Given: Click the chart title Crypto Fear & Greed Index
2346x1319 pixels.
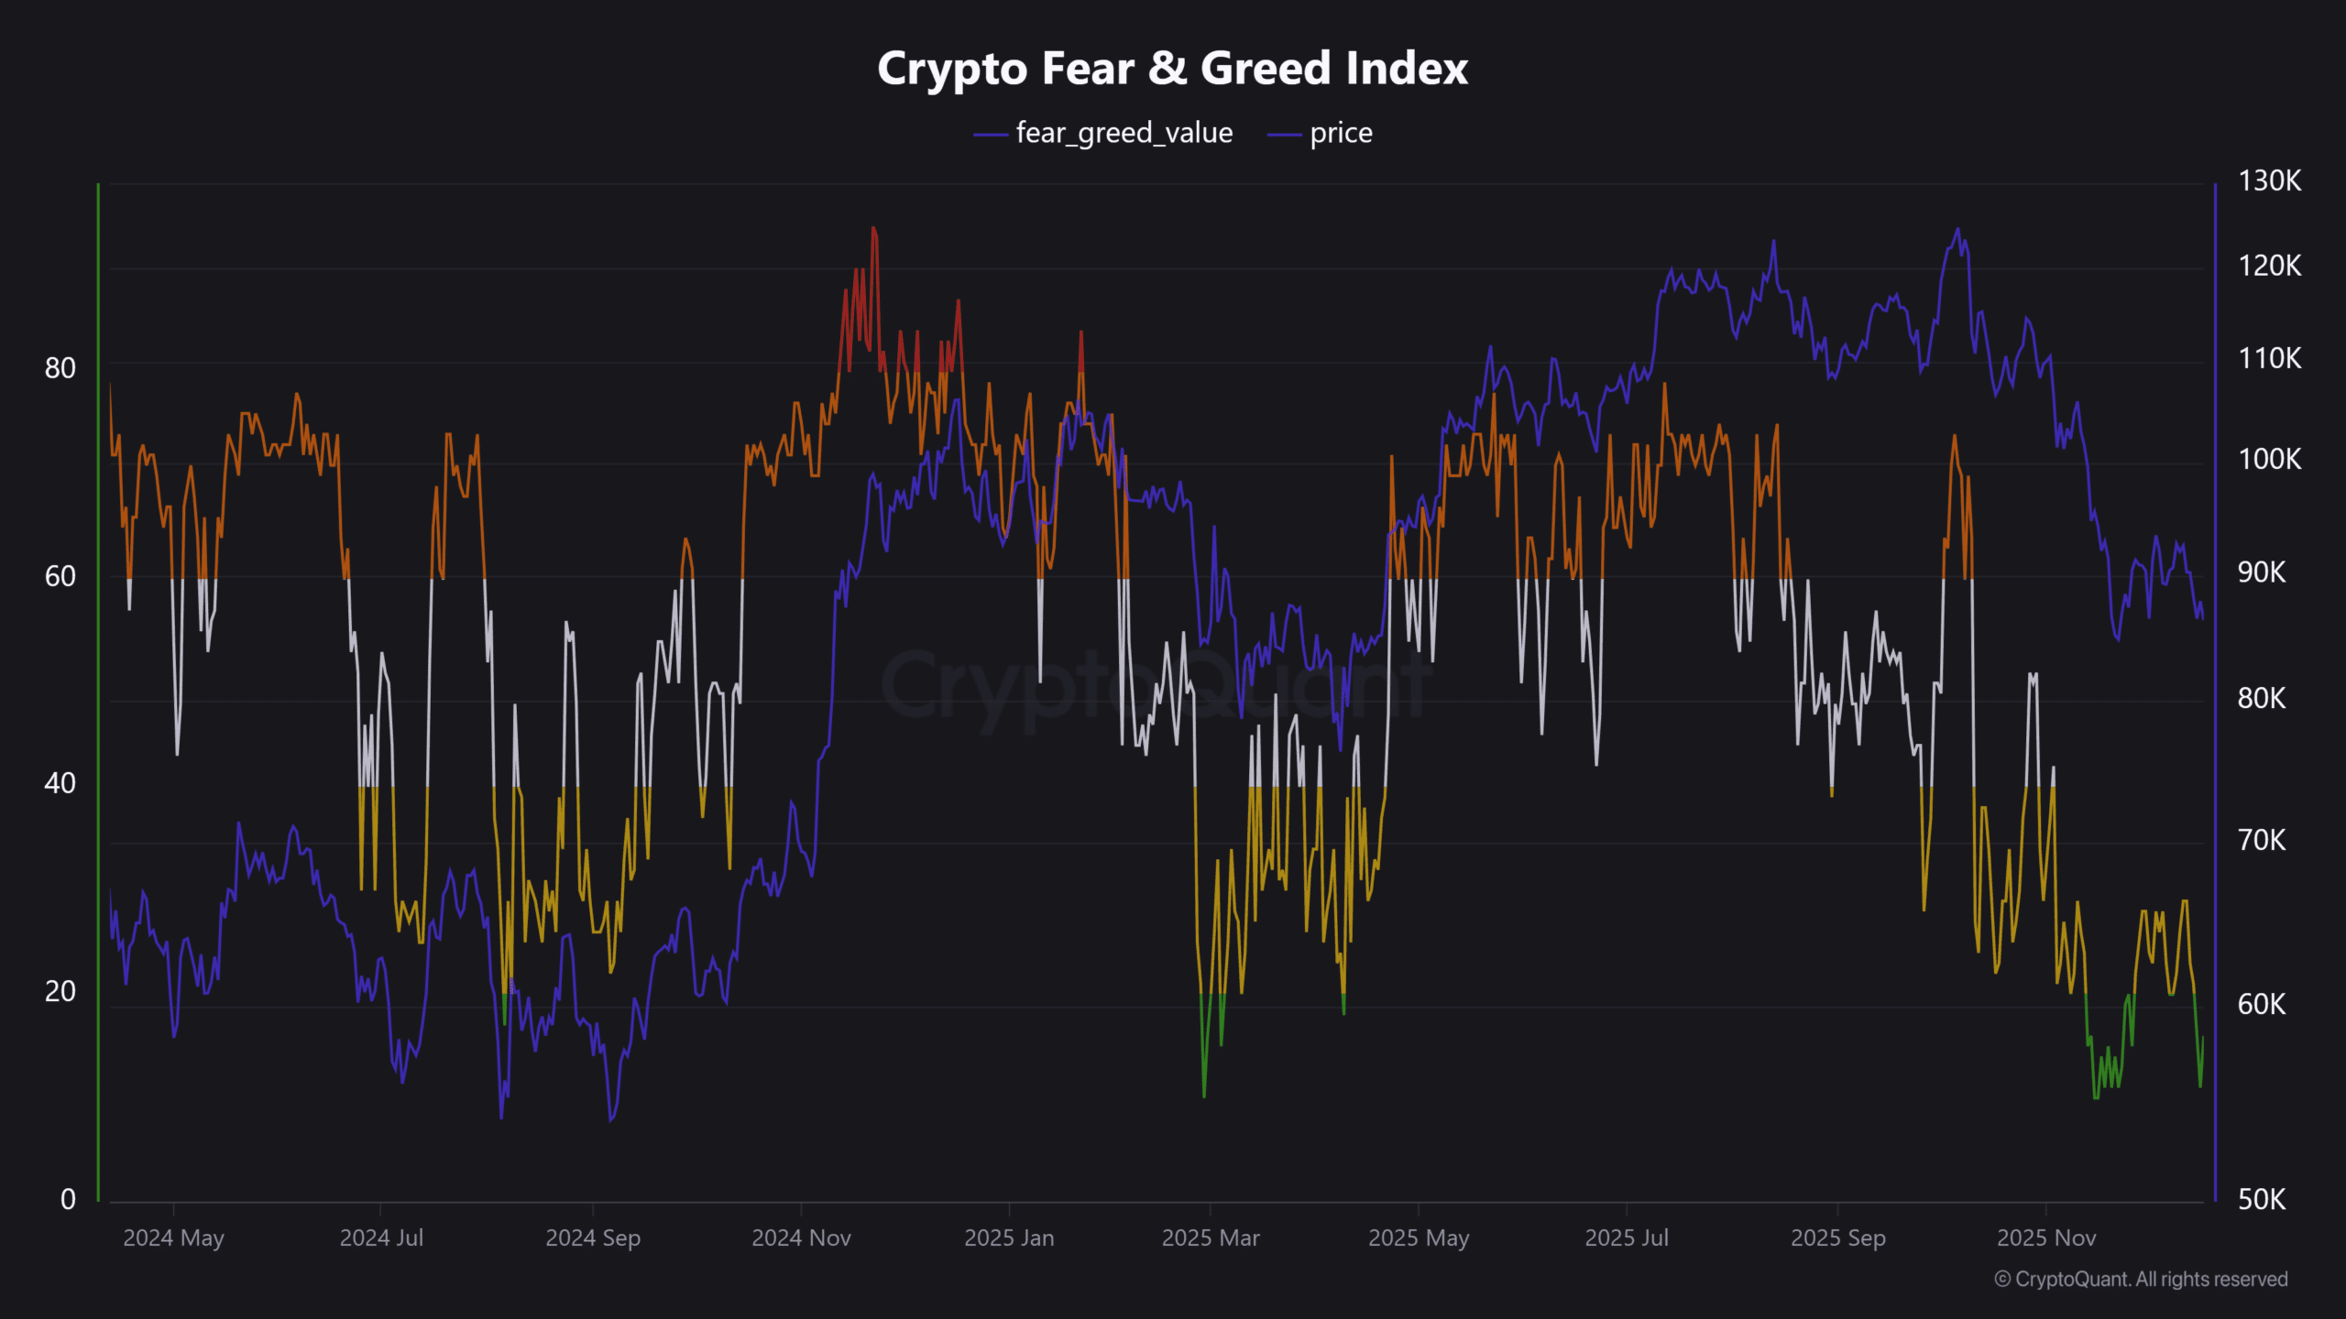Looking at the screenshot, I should pos(1172,69).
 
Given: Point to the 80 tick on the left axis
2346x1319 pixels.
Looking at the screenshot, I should pos(60,368).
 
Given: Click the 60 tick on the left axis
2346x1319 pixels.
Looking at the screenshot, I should pos(60,576).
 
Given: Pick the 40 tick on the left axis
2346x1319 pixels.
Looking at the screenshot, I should pos(60,783).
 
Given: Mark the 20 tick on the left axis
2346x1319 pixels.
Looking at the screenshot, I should pos(60,991).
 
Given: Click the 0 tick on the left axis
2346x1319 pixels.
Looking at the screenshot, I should pos(68,1199).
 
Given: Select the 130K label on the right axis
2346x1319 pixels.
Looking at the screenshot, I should pos(2269,180).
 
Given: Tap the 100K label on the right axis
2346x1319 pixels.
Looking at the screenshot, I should pos(2269,459).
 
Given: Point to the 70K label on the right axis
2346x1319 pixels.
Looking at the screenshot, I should pos(2262,840).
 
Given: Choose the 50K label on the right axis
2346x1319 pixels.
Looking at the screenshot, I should pos(2262,1199).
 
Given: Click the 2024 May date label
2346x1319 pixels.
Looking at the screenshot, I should pos(173,1238).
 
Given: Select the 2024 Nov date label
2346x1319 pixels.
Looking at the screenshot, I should pos(801,1238).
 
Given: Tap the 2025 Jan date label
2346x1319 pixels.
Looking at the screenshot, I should pos(1009,1238).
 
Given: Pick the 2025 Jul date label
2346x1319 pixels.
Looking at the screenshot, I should pos(1627,1238).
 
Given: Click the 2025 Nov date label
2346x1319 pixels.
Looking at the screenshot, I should pos(2046,1238).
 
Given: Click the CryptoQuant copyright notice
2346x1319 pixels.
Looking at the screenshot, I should pos(2141,1280).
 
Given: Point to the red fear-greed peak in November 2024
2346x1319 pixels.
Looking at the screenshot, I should pos(873,229).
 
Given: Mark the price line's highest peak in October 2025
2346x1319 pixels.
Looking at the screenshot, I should pos(1957,230).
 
